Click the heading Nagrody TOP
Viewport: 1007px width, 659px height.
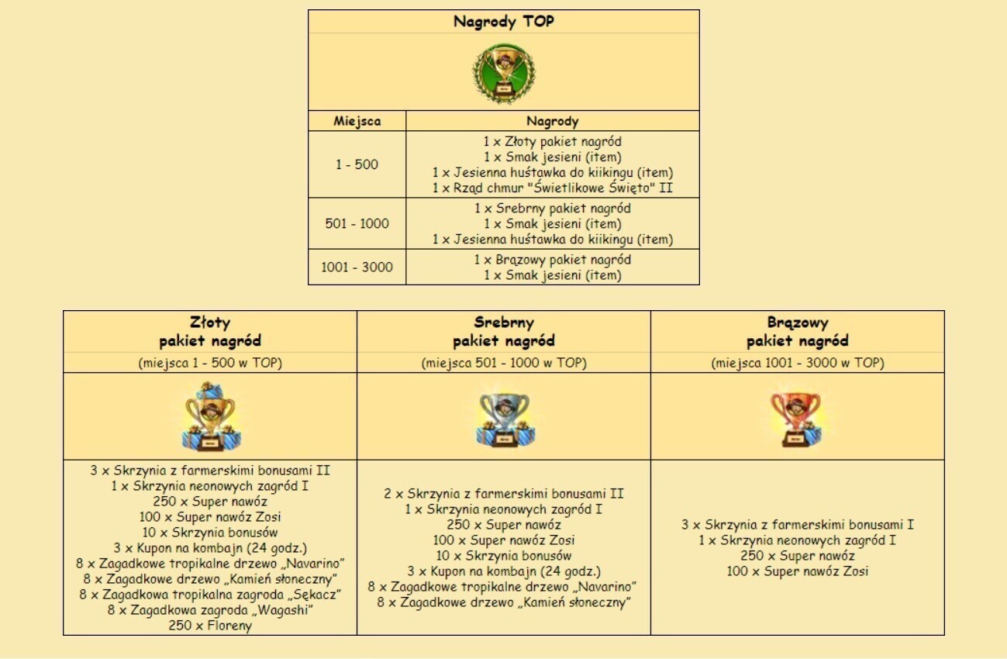coord(504,22)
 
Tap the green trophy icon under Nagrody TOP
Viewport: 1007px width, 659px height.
coord(504,74)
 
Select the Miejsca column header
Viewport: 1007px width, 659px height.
coord(357,121)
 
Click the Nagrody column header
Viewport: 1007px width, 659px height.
coord(552,121)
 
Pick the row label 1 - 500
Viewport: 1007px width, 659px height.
coord(357,164)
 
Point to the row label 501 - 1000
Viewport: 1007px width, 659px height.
coord(357,224)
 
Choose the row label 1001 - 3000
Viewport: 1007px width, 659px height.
coord(357,267)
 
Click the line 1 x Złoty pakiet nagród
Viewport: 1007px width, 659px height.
coord(552,142)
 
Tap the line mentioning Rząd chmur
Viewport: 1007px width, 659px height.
coord(552,188)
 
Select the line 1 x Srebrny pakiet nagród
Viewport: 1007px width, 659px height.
coord(552,209)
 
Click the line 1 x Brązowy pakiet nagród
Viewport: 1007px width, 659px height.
coord(552,260)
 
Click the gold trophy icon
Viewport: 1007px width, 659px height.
coord(209,417)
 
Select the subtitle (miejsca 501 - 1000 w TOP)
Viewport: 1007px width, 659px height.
coord(504,363)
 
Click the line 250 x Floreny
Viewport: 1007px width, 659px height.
coord(210,626)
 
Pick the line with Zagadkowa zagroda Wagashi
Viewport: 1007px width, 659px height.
coord(210,610)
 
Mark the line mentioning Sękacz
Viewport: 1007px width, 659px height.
coord(210,595)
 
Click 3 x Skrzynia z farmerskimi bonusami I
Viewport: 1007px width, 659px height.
coord(797,525)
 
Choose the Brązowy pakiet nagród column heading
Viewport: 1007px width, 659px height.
coord(797,332)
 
